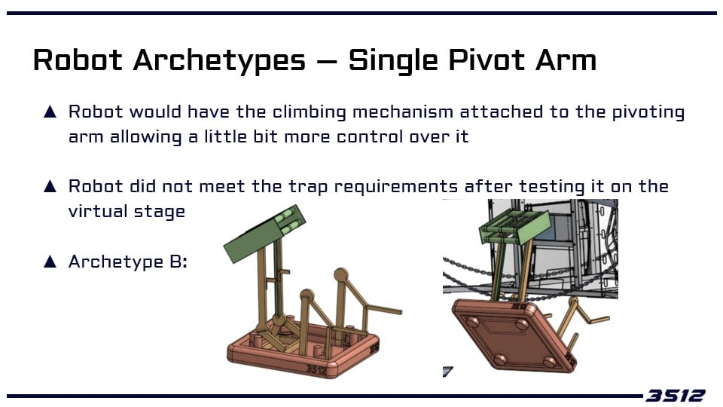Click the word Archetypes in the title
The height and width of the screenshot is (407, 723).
(x=219, y=61)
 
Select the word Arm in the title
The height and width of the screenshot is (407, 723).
(x=566, y=60)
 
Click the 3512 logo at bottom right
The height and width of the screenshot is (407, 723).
(x=675, y=396)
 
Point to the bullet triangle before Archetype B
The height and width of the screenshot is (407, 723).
(x=50, y=262)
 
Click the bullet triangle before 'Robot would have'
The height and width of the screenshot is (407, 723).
(x=50, y=112)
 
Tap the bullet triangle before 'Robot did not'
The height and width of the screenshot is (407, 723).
(x=50, y=186)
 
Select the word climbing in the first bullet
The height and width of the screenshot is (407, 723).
(x=309, y=112)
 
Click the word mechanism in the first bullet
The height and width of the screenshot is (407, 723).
(x=403, y=112)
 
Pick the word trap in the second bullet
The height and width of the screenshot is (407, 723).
(x=307, y=187)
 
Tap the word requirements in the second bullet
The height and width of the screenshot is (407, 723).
(x=395, y=187)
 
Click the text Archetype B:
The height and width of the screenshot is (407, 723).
(x=128, y=262)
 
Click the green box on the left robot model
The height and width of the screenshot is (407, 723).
(x=264, y=233)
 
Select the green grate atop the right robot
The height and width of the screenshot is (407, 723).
(x=515, y=227)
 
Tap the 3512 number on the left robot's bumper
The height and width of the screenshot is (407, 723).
(x=316, y=369)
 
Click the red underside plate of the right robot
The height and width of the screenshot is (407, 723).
(x=513, y=335)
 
